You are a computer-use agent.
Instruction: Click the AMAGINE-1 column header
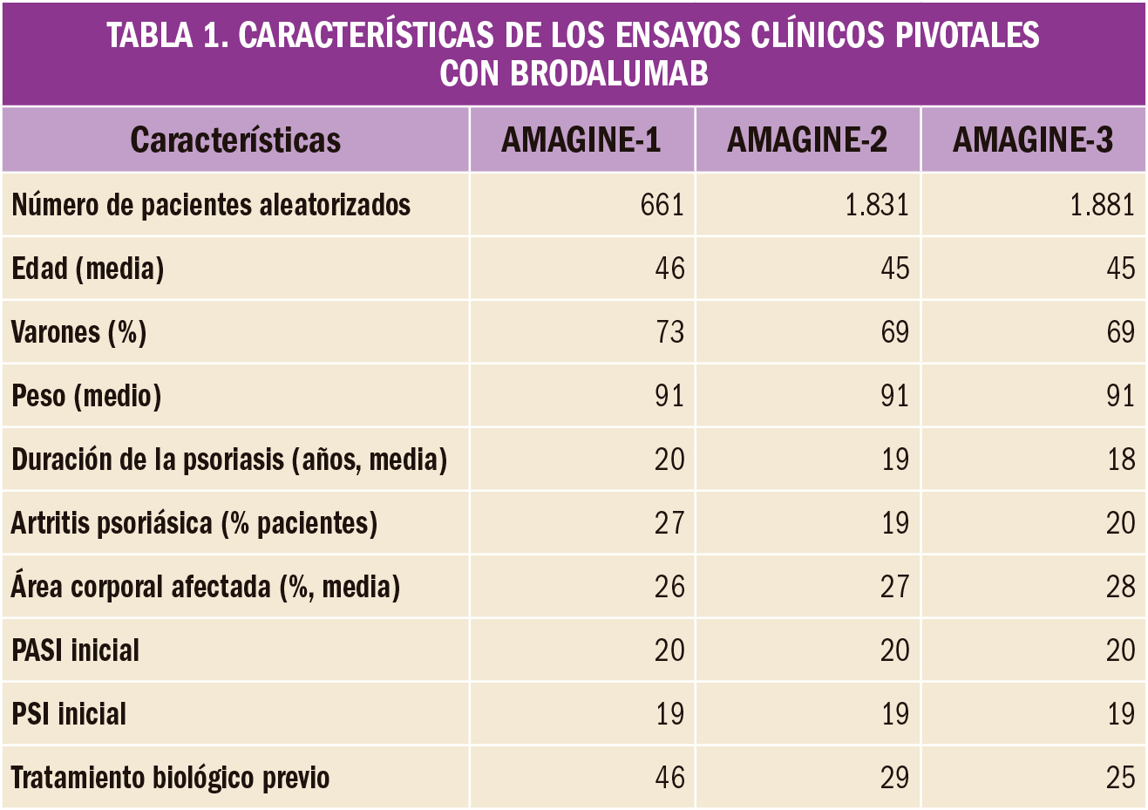point(581,140)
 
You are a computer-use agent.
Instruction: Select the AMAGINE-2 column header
point(807,140)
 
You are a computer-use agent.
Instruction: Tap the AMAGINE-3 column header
point(1033,140)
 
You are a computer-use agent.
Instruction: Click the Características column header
point(235,140)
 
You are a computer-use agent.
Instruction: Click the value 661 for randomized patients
point(662,205)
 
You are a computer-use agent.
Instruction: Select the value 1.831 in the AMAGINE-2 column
point(877,205)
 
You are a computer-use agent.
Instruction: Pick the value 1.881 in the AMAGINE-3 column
point(1102,205)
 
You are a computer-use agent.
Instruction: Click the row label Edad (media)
point(88,269)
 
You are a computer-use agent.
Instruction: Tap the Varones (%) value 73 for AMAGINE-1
point(669,332)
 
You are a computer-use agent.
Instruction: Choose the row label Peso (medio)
point(87,396)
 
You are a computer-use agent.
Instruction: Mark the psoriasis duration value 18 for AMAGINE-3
point(1121,459)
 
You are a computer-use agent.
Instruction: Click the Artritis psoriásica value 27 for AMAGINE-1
point(669,523)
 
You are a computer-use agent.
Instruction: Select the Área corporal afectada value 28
point(1121,587)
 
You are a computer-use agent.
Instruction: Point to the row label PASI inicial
point(76,650)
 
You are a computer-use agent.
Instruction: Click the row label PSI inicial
point(69,714)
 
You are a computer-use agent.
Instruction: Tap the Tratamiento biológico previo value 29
point(894,778)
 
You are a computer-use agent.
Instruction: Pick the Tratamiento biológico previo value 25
point(1121,778)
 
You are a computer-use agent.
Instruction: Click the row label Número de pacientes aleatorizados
point(211,205)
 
